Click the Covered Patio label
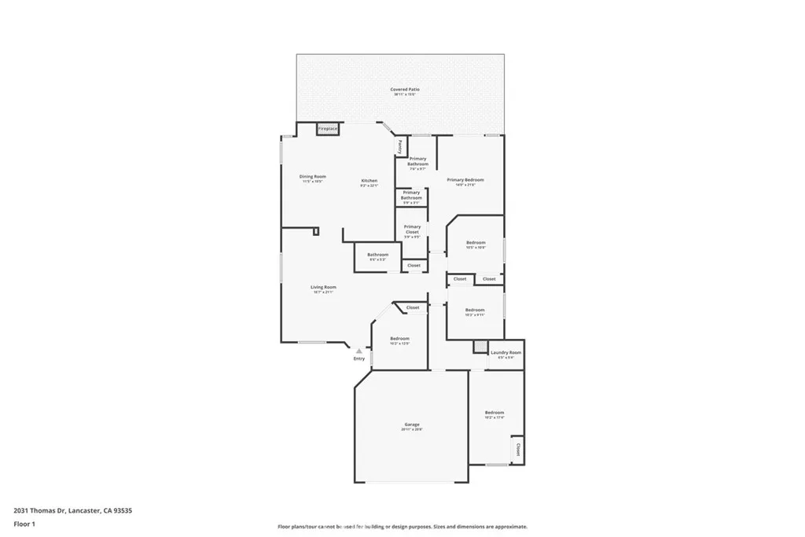(405, 90)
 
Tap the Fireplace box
(328, 128)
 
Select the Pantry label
(400, 146)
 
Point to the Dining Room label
(313, 177)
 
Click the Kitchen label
(369, 181)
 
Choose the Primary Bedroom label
(465, 180)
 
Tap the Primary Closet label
(412, 229)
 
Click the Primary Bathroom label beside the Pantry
(417, 161)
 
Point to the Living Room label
(323, 288)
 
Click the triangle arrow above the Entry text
(359, 351)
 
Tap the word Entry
(359, 359)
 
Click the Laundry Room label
(505, 353)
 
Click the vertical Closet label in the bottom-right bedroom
(517, 450)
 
